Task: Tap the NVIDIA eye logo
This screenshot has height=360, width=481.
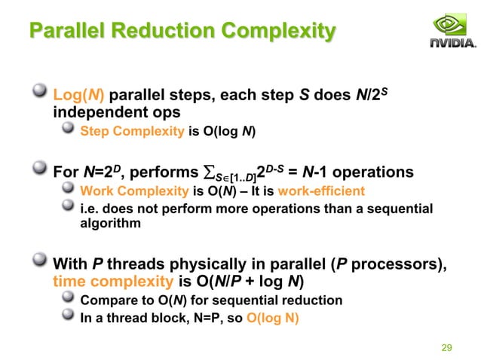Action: click(452, 25)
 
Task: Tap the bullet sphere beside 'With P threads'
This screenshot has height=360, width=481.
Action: click(40, 264)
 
